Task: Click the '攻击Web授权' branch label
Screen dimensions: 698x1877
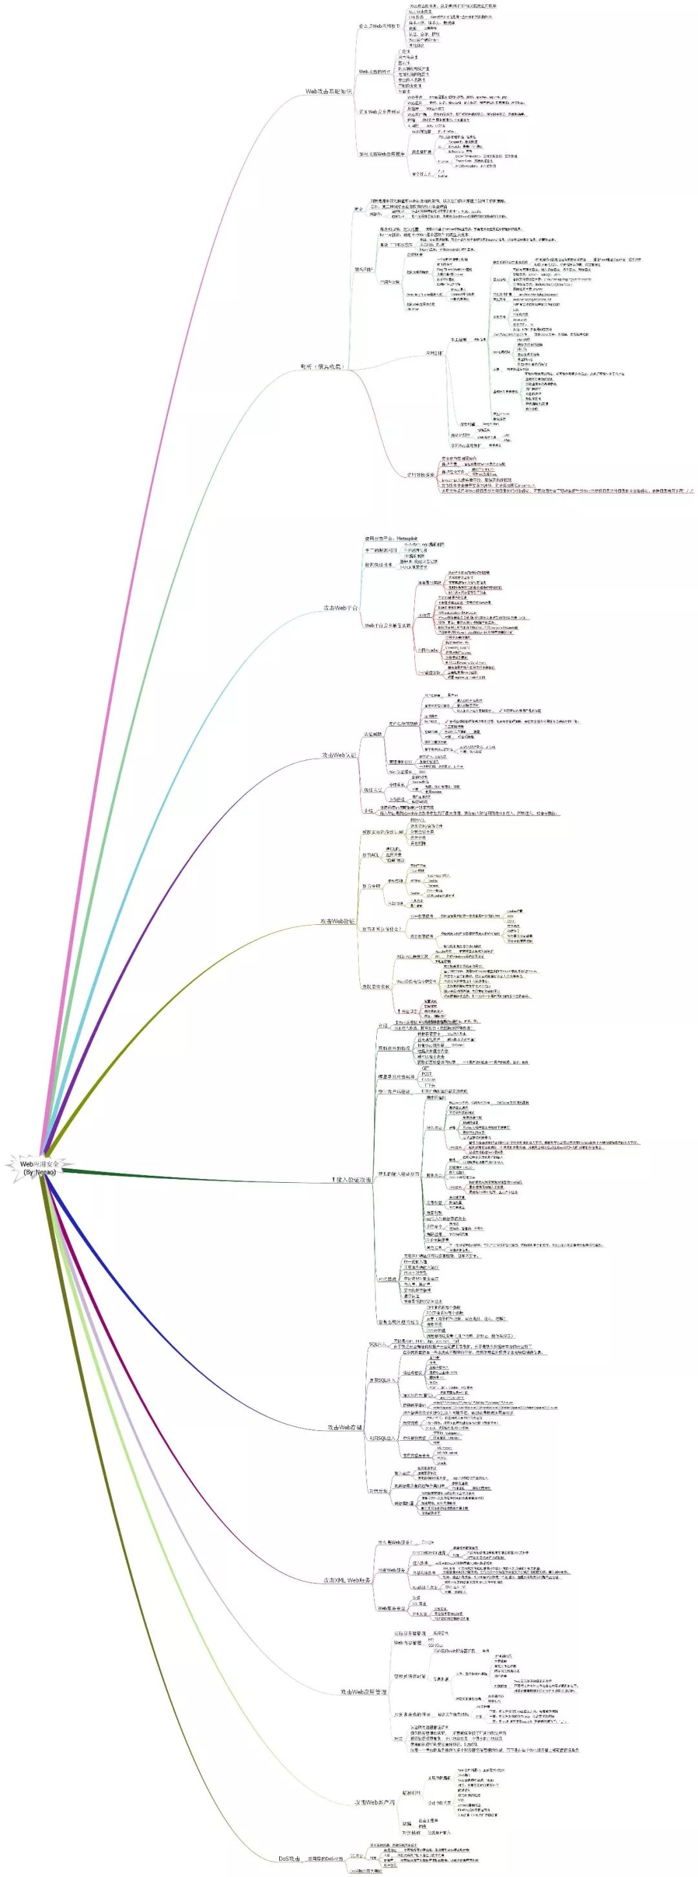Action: [x=337, y=922]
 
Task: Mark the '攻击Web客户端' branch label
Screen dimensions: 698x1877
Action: [x=374, y=1802]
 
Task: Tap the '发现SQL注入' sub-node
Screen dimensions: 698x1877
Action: [x=383, y=1380]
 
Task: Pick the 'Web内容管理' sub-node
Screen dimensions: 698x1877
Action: [x=408, y=1643]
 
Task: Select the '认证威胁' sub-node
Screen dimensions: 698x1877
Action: [x=373, y=734]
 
